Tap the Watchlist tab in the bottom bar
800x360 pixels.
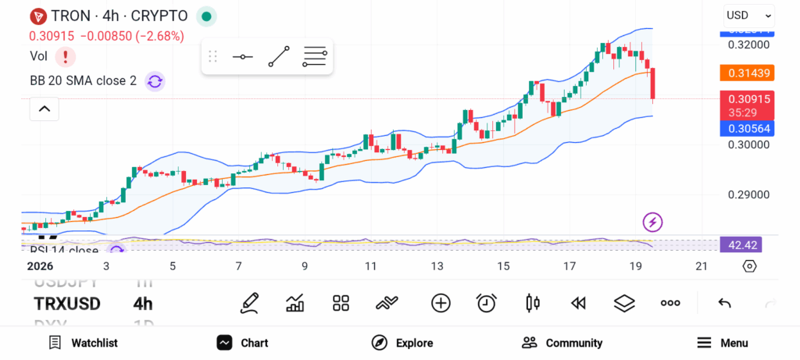point(83,343)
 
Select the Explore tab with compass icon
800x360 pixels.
point(402,343)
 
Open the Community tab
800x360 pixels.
point(562,343)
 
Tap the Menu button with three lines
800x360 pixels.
point(722,343)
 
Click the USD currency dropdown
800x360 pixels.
point(748,15)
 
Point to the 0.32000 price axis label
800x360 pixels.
point(748,45)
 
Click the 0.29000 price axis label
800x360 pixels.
point(748,194)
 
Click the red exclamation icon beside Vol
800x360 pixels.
point(66,56)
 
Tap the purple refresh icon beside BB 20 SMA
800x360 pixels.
point(155,81)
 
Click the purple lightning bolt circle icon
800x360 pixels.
point(652,222)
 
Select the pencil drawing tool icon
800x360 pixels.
point(249,303)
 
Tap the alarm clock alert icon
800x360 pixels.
point(487,303)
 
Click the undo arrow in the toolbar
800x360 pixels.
point(724,303)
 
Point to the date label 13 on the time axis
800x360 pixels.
point(437,266)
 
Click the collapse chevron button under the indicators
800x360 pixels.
point(45,109)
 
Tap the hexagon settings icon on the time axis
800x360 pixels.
point(749,266)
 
